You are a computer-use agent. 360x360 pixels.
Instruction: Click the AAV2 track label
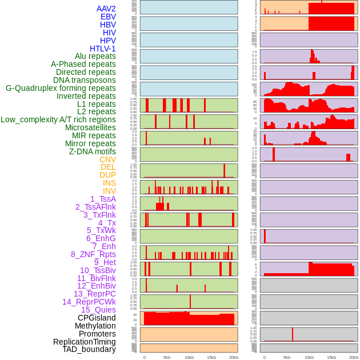106,9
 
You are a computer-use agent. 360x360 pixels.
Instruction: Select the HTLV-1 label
103,49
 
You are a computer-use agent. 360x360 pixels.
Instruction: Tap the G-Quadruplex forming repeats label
61,88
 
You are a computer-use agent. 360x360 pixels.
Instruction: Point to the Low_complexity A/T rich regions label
58,119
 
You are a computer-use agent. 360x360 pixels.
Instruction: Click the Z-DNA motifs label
93,151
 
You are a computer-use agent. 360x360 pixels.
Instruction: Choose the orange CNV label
107,159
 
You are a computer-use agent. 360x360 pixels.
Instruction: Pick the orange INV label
109,191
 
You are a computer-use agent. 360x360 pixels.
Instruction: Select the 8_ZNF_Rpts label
93,254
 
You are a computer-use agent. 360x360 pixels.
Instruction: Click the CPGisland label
97,318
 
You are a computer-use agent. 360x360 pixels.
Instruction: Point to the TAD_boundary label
89,349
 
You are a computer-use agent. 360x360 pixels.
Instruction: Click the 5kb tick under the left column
167,357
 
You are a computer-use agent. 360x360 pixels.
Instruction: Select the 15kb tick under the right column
331,357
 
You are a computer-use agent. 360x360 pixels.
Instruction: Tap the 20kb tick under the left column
234,357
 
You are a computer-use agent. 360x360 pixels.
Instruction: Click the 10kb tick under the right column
309,357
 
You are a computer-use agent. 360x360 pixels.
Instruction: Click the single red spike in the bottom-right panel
293,334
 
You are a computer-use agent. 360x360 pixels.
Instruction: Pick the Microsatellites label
90,127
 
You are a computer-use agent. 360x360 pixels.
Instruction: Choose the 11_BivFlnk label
97,278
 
